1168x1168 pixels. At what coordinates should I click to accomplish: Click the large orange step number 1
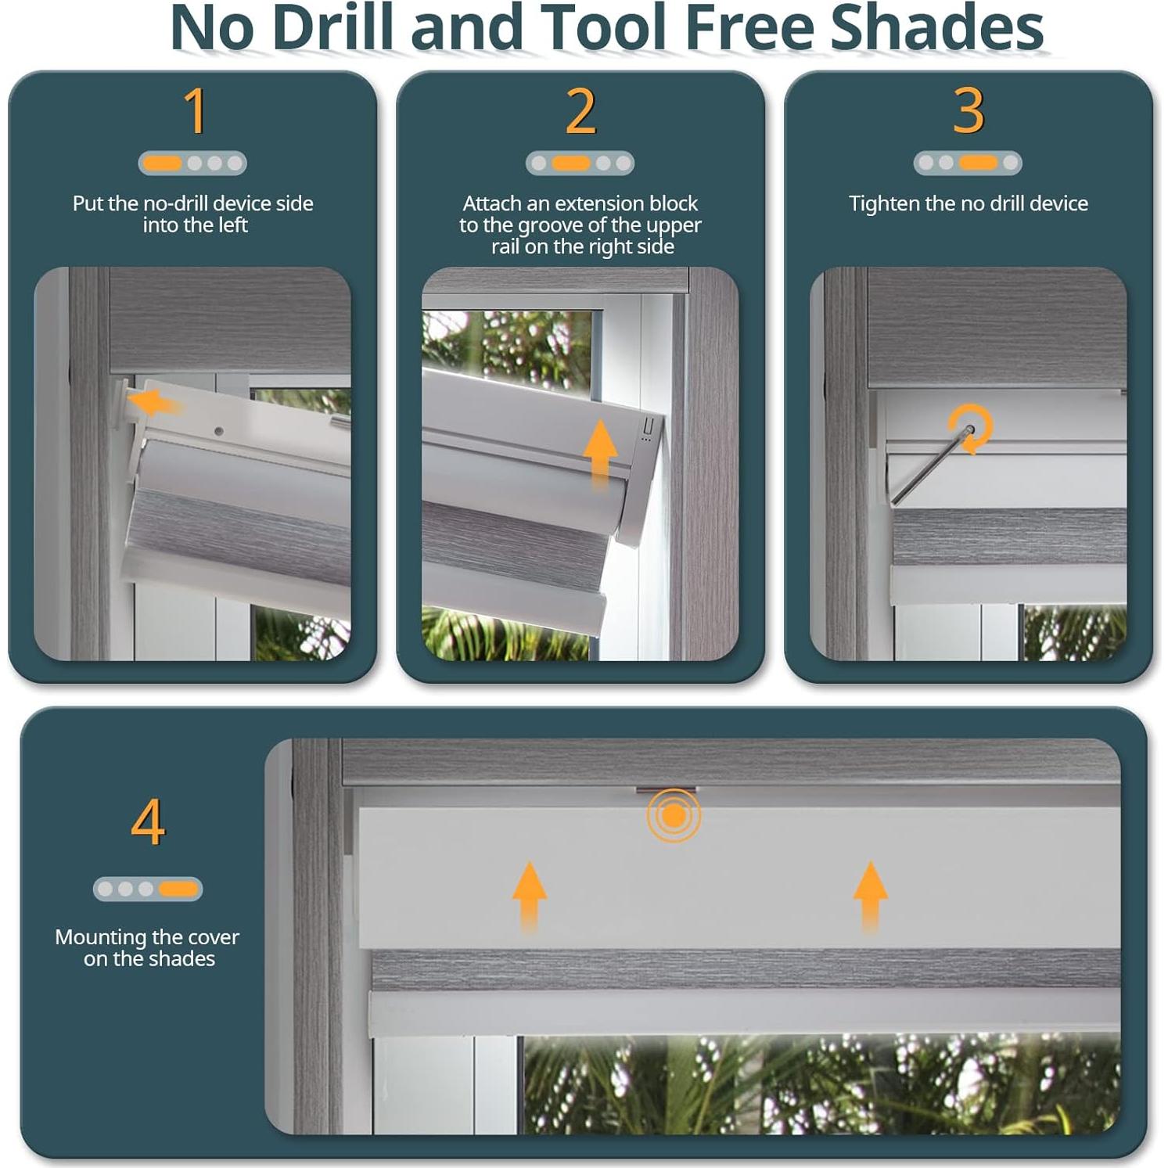tap(196, 110)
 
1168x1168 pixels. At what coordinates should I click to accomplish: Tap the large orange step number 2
tap(581, 110)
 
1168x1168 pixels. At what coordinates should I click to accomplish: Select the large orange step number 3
tap(969, 110)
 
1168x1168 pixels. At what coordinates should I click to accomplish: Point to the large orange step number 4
tap(148, 821)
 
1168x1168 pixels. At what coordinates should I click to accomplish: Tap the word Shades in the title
tap(936, 27)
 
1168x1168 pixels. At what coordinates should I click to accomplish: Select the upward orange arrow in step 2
tap(600, 454)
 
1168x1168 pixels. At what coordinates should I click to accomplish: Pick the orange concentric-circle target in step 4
tap(674, 816)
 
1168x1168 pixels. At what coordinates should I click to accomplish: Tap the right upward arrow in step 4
tap(870, 897)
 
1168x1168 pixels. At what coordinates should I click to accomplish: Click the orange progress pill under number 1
tap(163, 163)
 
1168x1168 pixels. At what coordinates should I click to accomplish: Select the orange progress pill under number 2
tap(571, 163)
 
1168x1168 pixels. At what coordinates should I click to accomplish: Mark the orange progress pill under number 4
tap(178, 889)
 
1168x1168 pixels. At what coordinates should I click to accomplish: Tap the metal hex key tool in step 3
tap(930, 465)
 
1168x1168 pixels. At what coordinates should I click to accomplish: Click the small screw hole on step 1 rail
tap(219, 431)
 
